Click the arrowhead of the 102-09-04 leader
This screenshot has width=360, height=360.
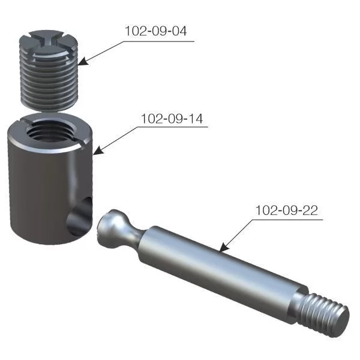[82, 62]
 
